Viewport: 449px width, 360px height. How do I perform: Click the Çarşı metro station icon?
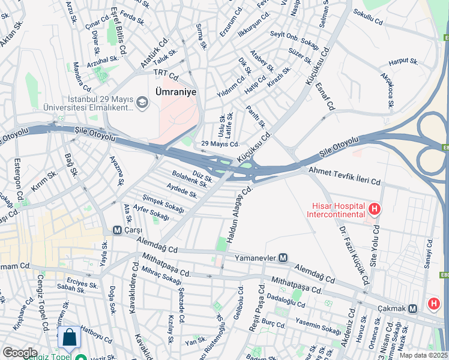(x=118, y=230)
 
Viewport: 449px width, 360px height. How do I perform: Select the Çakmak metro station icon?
(x=412, y=308)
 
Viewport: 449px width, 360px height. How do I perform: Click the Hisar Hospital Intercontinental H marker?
(x=375, y=209)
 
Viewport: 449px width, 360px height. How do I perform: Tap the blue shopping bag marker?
(x=70, y=339)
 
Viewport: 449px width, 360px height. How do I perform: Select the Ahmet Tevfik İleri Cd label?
(x=345, y=176)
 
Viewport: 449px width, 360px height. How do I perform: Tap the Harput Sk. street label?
(x=403, y=61)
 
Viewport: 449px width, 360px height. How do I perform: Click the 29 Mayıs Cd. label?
(x=220, y=144)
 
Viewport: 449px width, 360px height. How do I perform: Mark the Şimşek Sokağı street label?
(x=163, y=203)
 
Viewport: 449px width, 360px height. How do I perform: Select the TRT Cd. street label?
(x=166, y=74)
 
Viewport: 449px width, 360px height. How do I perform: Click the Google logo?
(x=20, y=353)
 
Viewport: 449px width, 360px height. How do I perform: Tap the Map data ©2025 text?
(x=424, y=355)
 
